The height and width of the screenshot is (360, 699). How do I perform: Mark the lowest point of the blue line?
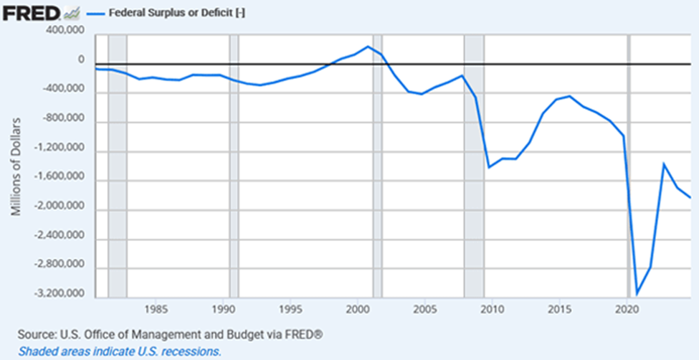coord(637,293)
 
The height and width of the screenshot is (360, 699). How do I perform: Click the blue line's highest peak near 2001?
coord(368,47)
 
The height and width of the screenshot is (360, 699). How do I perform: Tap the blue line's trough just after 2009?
coord(489,167)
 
